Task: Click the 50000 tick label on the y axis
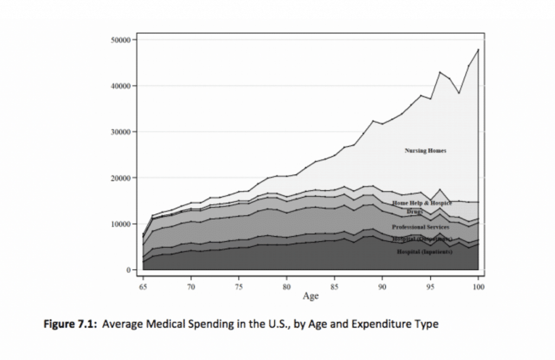tap(119, 40)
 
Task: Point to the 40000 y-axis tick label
tap(119, 86)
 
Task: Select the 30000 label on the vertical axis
tap(119, 132)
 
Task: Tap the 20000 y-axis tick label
tap(119, 178)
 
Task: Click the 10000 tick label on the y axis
tap(119, 224)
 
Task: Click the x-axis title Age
tap(311, 297)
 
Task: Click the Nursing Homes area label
tap(425, 151)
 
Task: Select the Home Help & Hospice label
tap(422, 203)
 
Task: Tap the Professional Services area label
tap(421, 227)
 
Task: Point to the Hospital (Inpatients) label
tap(425, 252)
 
